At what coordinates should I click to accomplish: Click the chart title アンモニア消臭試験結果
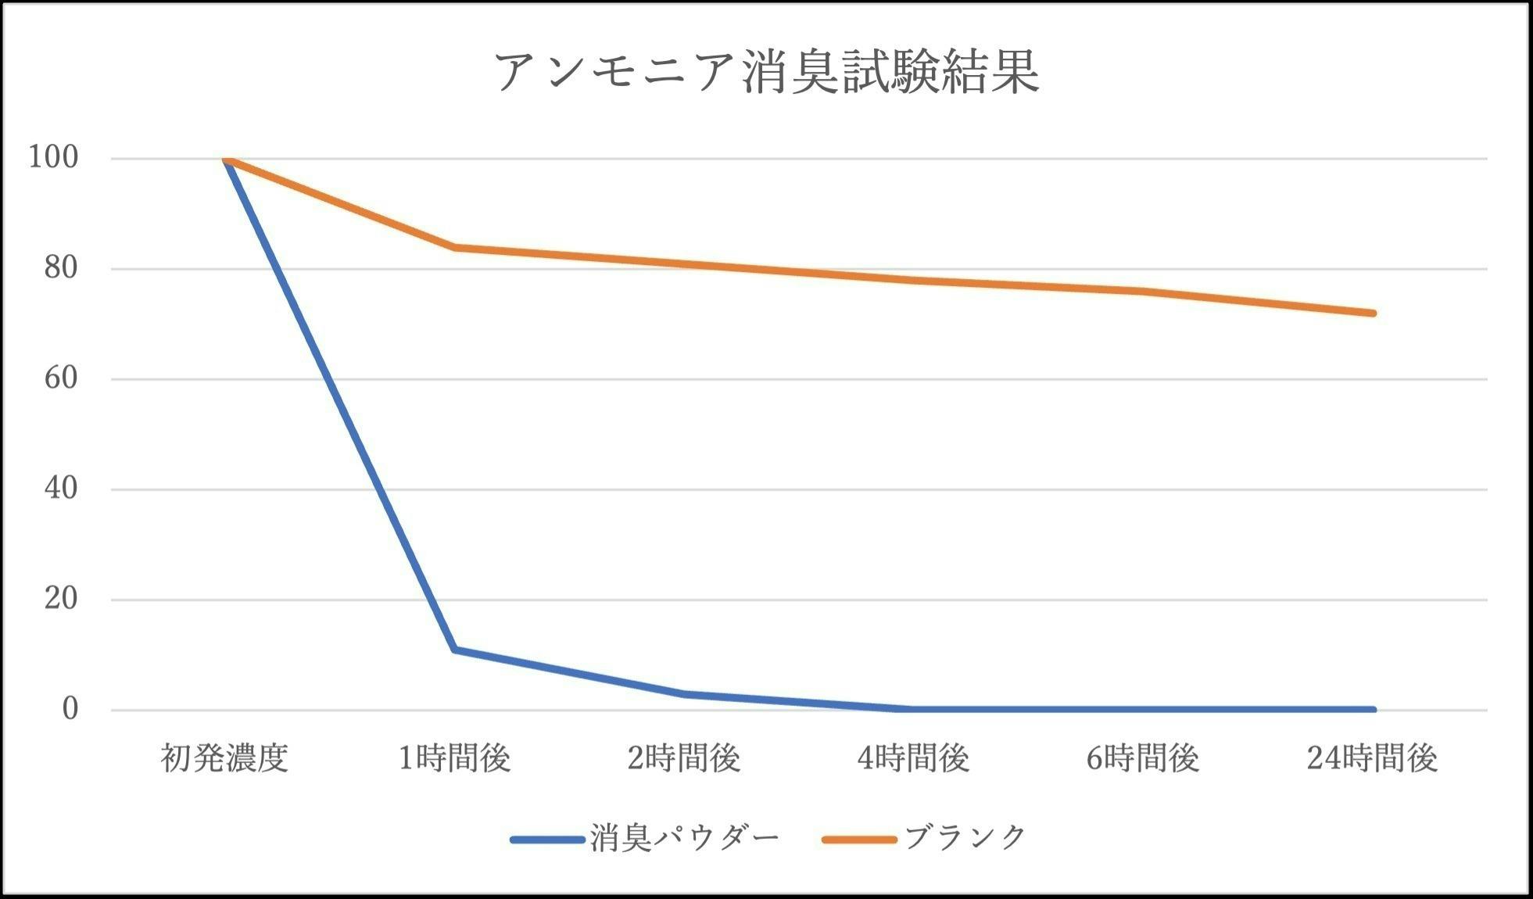pos(766,72)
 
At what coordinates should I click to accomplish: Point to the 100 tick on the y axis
pos(53,158)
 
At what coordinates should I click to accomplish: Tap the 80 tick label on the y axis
pos(61,269)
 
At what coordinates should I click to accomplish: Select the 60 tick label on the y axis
pos(61,379)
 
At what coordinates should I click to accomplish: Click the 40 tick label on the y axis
pos(61,489)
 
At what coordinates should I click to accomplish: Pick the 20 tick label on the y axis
pos(61,600)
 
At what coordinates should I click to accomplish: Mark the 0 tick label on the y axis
pos(70,710)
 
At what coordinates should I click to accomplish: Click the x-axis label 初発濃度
pos(225,758)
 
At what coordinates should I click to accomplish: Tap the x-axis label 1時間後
pos(454,758)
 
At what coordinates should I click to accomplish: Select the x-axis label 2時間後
pos(684,758)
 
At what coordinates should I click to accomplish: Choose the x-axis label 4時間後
pos(913,758)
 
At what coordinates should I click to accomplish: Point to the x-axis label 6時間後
pos(1142,758)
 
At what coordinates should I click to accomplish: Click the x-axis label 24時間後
pos(1372,758)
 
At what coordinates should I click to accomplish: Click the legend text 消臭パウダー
pos(684,839)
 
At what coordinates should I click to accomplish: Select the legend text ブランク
pos(965,839)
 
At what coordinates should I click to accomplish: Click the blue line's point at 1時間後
pos(454,650)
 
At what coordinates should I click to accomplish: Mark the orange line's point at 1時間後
pos(454,247)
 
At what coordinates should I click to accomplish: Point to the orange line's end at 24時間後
pos(1373,313)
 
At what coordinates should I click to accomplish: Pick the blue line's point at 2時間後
pos(684,693)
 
